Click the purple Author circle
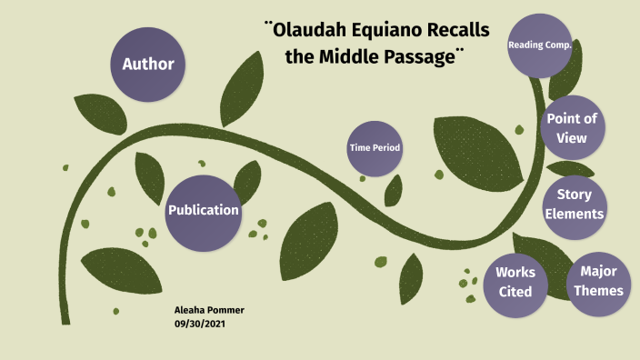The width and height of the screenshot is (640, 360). point(147,65)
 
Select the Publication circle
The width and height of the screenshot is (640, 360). point(203,210)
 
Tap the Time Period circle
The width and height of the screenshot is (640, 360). point(375,148)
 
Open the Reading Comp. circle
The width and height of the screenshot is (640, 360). point(539,45)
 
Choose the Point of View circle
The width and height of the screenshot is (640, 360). point(572,128)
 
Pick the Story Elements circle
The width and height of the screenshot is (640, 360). point(575,205)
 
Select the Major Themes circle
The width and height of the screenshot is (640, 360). point(599,281)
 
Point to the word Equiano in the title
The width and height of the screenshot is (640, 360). point(392,30)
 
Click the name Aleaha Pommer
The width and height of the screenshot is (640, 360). point(209,311)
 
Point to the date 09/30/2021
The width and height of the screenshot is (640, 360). point(200,324)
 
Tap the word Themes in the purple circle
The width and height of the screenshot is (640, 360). point(599,291)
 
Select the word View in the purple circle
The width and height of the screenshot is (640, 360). point(572,138)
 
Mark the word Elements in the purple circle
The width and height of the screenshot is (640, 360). point(575,215)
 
